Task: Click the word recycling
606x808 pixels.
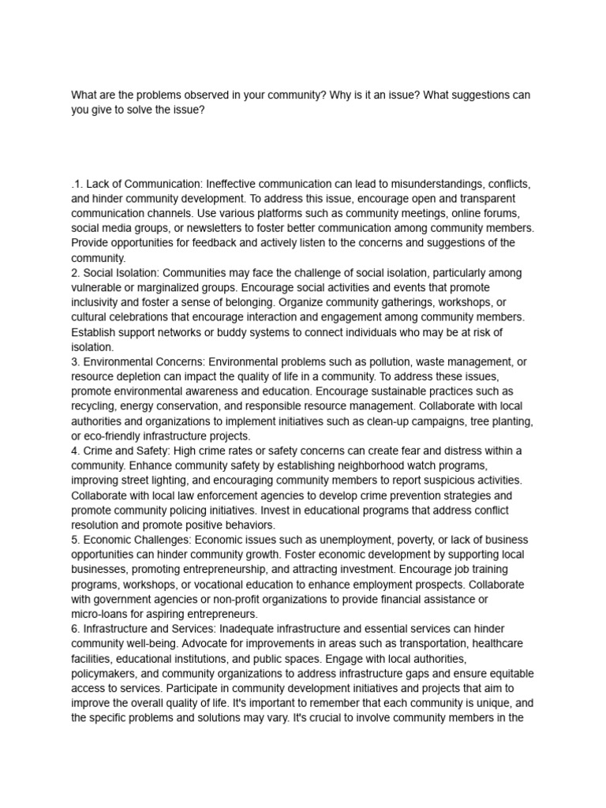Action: point(96,406)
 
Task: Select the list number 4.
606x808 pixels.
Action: point(74,451)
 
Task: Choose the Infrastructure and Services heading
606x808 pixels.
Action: point(149,629)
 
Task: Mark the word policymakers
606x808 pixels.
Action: point(107,673)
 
